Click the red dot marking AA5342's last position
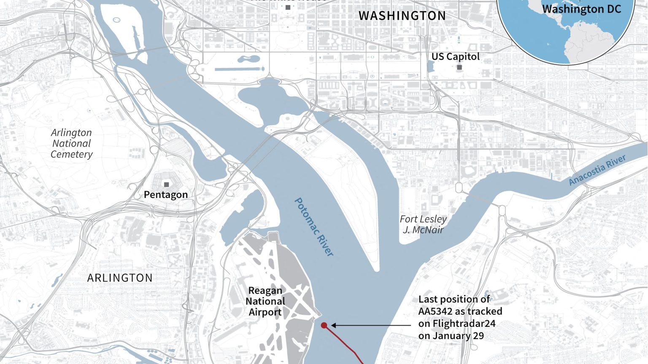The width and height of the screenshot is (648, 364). click(x=324, y=325)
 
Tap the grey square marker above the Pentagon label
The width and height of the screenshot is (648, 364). click(x=167, y=185)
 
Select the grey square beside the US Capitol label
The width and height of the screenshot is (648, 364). click(x=459, y=67)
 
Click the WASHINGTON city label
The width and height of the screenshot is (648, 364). click(x=402, y=16)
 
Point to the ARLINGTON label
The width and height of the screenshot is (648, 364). click(x=120, y=278)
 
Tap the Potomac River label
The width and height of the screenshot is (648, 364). click(x=314, y=227)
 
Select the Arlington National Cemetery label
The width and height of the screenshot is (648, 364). click(x=72, y=144)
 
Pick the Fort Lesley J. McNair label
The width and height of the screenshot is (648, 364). click(x=423, y=225)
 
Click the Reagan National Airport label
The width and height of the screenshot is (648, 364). click(x=265, y=301)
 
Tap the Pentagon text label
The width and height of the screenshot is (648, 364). click(x=166, y=195)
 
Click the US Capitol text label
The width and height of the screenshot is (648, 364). click(x=455, y=56)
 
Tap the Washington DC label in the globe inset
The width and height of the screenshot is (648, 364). click(x=581, y=9)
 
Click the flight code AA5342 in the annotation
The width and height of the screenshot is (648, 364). click(x=435, y=311)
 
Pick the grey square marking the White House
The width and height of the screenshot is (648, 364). click(x=288, y=7)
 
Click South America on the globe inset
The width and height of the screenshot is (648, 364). click(x=591, y=46)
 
